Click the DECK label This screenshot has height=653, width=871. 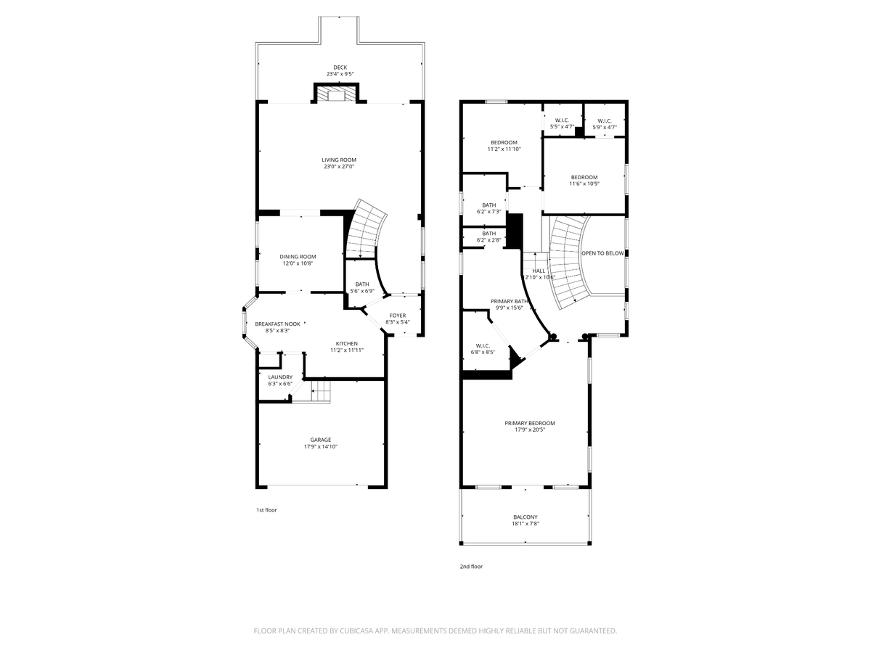340,67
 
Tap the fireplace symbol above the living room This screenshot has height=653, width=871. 336,95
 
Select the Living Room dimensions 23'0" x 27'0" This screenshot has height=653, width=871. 340,167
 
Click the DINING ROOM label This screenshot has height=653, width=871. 298,256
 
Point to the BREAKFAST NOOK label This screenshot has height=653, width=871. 277,324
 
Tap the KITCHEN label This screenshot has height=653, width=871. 346,343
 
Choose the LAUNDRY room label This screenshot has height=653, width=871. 280,377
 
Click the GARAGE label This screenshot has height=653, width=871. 321,440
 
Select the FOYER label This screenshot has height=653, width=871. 398,316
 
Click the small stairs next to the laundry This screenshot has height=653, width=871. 321,394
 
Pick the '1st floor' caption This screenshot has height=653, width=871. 266,510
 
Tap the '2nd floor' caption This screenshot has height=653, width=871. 471,567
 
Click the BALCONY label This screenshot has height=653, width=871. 526,517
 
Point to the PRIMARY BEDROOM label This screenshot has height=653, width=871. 530,423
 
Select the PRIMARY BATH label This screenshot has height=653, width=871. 510,301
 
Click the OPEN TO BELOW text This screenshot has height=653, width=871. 602,253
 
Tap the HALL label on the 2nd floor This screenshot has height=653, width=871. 539,271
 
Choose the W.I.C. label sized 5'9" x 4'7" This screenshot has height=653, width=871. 605,120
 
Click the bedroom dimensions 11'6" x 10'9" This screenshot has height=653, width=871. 584,184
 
